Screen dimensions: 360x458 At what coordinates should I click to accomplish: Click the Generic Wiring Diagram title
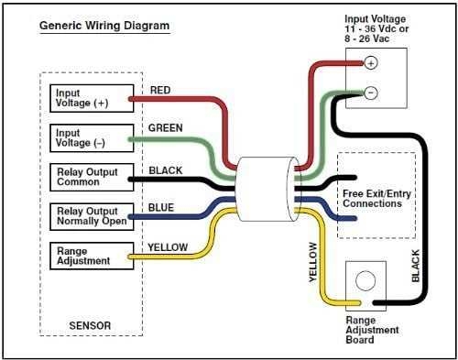coord(104,26)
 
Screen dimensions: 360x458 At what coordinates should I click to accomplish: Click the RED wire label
coord(159,90)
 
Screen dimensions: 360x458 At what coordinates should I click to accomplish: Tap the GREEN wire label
coord(165,129)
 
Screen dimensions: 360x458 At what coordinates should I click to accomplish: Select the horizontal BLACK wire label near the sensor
coord(165,169)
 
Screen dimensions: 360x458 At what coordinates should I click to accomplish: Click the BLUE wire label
coord(161,208)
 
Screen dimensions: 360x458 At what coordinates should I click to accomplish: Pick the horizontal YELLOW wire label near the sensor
coord(168,247)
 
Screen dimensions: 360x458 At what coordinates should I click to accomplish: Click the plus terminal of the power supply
coord(371,63)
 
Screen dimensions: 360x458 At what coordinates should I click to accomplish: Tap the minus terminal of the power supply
coord(371,93)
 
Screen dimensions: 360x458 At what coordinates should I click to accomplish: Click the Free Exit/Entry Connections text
coord(372,198)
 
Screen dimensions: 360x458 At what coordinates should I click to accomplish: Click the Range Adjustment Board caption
coord(373,329)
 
